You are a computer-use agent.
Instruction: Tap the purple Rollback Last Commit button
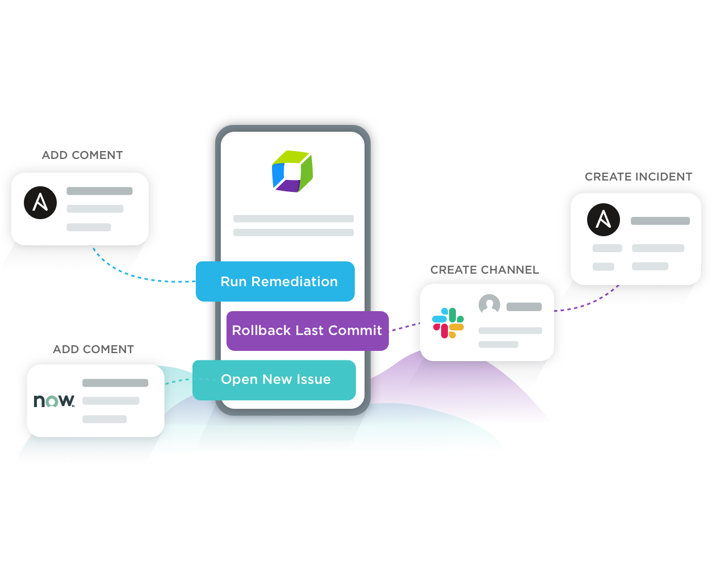307,330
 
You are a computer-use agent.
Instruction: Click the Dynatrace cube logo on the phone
292,171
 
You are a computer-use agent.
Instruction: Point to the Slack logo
448,323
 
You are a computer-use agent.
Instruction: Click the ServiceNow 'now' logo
54,401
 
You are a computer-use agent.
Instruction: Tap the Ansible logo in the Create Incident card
603,220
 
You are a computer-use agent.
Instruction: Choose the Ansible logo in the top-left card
40,202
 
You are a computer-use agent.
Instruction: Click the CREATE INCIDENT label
638,177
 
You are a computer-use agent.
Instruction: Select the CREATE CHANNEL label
484,270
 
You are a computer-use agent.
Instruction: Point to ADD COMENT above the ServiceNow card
93,349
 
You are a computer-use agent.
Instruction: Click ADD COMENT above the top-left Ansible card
82,155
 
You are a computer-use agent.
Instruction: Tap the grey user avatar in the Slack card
489,305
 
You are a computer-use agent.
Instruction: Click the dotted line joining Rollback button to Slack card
404,327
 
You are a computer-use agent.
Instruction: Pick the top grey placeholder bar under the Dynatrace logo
293,219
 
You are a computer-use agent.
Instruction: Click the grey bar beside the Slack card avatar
523,307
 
